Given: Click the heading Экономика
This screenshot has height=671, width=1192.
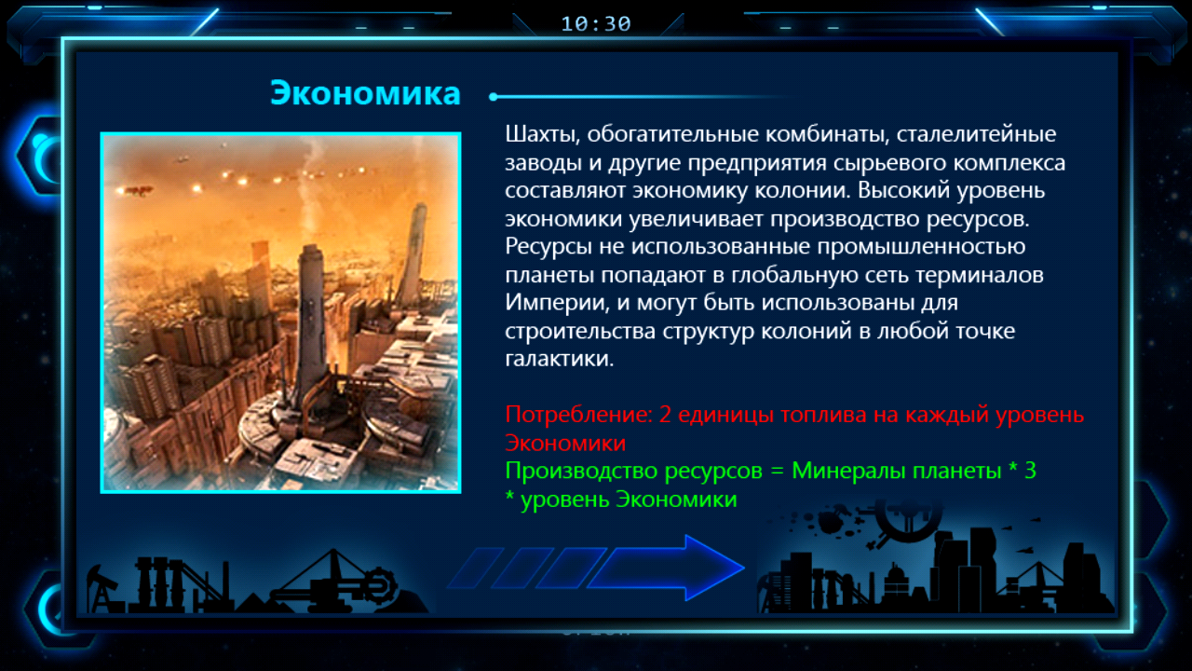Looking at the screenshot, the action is pos(365,93).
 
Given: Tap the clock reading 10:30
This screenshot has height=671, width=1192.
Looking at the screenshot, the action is pos(596,24).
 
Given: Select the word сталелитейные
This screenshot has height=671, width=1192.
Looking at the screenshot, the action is pos(977,133).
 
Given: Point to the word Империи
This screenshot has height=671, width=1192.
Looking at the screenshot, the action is pos(557,303).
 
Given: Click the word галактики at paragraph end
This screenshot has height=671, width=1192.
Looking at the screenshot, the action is pos(560,359).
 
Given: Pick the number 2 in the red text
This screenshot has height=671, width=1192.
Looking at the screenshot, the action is pos(665,415).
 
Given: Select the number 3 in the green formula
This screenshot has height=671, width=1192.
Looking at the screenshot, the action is pos(1030,471).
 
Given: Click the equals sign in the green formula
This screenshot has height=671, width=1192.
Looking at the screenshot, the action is pos(777,472).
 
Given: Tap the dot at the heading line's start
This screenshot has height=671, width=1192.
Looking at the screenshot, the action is pos(494,97).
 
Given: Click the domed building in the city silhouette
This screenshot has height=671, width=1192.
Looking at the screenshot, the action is pos(896,584).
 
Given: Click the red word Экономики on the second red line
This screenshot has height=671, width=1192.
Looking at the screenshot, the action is pos(565,443).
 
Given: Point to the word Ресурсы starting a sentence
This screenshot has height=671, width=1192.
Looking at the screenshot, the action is pos(549,247).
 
